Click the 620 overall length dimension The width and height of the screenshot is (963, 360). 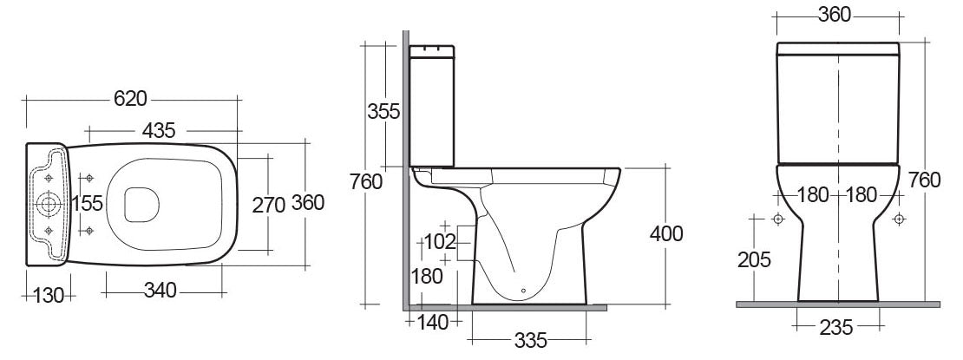click(x=128, y=97)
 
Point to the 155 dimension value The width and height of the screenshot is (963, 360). click(x=87, y=203)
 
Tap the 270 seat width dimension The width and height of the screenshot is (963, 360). click(x=269, y=205)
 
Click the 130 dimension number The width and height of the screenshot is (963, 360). click(x=50, y=295)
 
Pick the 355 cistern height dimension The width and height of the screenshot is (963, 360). click(x=383, y=111)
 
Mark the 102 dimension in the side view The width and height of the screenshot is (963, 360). click(x=439, y=241)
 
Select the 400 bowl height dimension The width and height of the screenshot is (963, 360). click(x=665, y=233)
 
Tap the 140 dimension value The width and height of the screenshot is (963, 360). click(x=433, y=323)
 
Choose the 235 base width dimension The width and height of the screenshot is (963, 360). click(x=837, y=327)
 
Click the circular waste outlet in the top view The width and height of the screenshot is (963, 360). click(x=49, y=205)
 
